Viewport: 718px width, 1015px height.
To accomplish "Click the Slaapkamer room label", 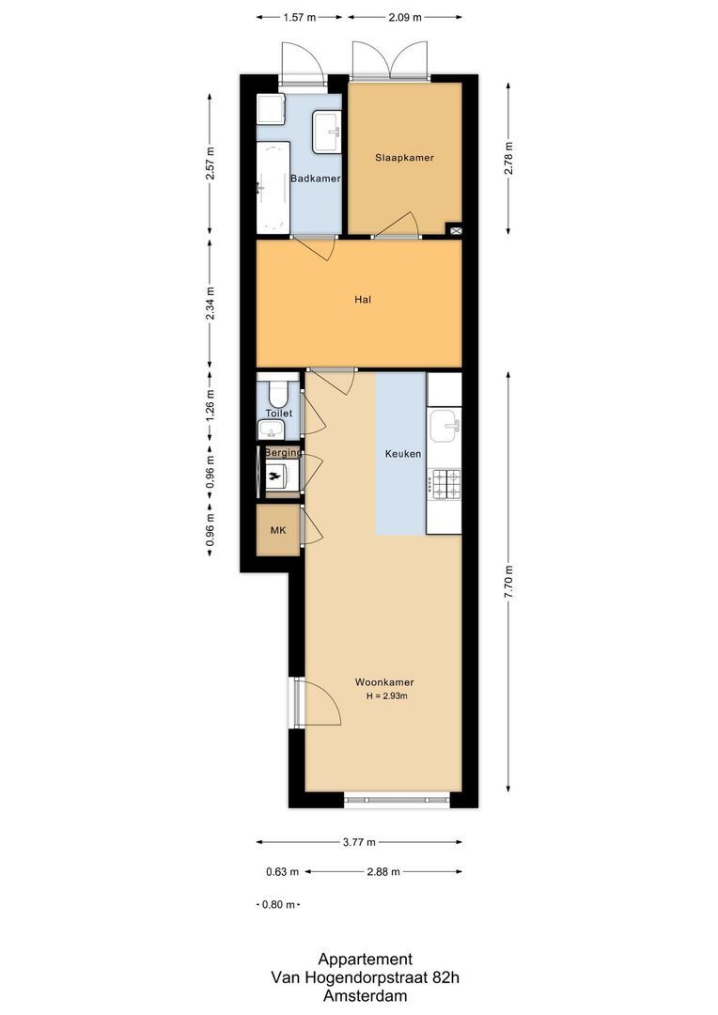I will coord(404,158).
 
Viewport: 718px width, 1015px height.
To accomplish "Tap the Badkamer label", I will coord(315,179).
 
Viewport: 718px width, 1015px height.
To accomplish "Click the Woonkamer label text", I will coord(384,682).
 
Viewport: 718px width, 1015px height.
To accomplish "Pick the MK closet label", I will coord(278,530).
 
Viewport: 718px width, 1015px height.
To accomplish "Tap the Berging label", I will coord(283,453).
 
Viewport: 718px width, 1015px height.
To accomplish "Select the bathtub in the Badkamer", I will coord(273,187).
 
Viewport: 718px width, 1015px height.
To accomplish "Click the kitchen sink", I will coord(445,428).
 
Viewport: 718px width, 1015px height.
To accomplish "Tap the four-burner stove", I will coord(445,484).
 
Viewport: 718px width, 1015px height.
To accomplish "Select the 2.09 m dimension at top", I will coord(404,17).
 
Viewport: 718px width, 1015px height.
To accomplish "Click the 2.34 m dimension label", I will coord(210,303).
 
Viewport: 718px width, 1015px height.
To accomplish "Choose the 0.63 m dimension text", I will coord(282,872).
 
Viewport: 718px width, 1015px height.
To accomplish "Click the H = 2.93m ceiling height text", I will coord(386,696).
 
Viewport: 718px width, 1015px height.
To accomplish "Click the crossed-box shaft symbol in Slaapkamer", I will coord(455,228).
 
